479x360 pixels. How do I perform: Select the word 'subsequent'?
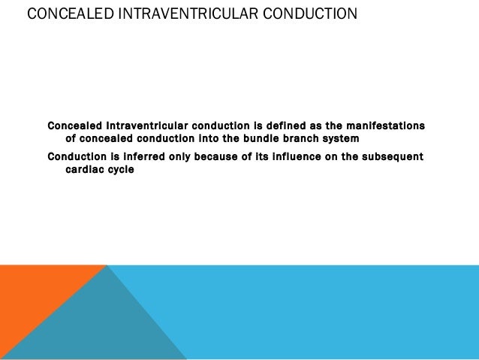coord(392,156)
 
